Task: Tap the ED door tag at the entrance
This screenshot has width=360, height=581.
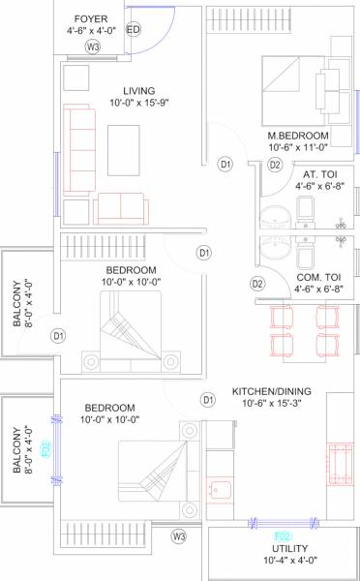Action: tap(134, 30)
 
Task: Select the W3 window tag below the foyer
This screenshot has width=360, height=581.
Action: tap(93, 46)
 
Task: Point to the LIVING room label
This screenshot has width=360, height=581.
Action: tap(125, 91)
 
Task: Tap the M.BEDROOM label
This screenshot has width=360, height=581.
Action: tap(299, 135)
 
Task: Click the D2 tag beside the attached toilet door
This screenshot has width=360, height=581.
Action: tap(275, 166)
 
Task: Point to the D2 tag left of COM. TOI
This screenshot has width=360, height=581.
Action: tap(257, 284)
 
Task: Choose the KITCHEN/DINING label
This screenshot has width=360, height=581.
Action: tap(268, 392)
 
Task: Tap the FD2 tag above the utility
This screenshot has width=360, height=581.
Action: tap(284, 536)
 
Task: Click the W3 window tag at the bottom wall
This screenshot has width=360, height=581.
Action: tap(179, 535)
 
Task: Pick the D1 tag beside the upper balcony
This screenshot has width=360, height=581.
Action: tap(58, 336)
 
